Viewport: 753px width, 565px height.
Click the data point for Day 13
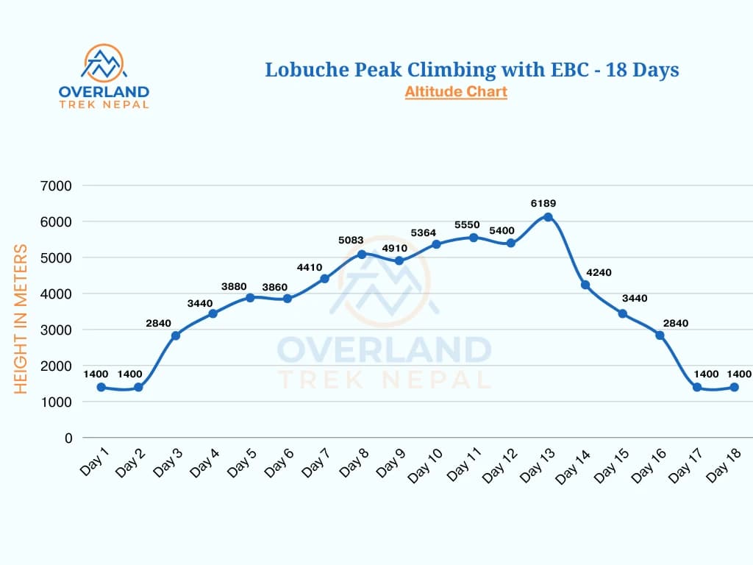[x=548, y=217]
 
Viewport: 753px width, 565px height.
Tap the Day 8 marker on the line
[x=362, y=255]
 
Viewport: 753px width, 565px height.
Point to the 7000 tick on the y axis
[x=57, y=185]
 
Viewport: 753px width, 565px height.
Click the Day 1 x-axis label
[x=94, y=461]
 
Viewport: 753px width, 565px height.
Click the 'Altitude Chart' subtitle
[x=456, y=92]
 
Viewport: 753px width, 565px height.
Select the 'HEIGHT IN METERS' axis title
[x=21, y=319]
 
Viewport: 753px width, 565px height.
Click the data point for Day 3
[x=176, y=335]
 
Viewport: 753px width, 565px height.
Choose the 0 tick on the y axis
[x=68, y=438]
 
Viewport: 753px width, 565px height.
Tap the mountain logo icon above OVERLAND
[x=104, y=64]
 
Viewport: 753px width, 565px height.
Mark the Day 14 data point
[x=585, y=285]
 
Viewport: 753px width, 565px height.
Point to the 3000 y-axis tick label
[x=57, y=330]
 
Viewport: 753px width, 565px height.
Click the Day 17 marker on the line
[x=697, y=387]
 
